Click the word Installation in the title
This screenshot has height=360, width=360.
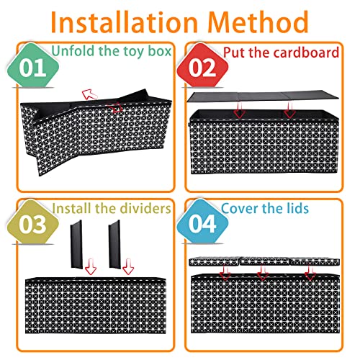pyautogui.click(x=124, y=22)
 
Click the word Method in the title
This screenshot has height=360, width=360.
pyautogui.click(x=258, y=22)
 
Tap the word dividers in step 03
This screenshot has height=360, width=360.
pyautogui.click(x=145, y=208)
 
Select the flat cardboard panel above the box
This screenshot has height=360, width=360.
pyautogui.click(x=263, y=96)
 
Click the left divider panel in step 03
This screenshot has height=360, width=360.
pyautogui.click(x=76, y=244)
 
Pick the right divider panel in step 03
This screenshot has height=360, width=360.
pyautogui.click(x=114, y=243)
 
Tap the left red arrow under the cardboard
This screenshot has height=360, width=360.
pyautogui.click(x=240, y=110)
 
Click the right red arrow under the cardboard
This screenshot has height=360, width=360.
pyautogui.click(x=289, y=110)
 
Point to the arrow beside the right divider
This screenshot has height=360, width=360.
pyautogui.click(x=128, y=266)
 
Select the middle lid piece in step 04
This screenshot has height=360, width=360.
pyautogui.click(x=265, y=261)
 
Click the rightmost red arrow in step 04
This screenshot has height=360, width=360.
pyautogui.click(x=310, y=272)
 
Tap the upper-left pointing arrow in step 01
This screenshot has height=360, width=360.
pyautogui.click(x=89, y=94)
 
